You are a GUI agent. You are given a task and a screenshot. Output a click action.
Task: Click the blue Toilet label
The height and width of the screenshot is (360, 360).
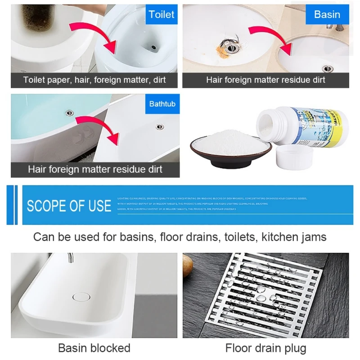click(161, 15)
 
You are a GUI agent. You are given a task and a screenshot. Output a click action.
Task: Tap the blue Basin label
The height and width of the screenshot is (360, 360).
click(327, 14)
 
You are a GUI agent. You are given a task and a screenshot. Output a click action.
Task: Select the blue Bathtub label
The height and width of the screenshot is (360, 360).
click(162, 104)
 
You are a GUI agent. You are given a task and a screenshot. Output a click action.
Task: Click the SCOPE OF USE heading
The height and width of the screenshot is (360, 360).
click(69, 206)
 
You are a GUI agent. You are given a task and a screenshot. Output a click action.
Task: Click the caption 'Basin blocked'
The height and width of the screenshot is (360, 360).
click(94, 348)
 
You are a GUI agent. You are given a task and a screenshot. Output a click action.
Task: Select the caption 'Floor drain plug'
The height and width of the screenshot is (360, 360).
click(265, 348)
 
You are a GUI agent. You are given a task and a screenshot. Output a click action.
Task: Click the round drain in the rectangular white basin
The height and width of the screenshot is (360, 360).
click(81, 297)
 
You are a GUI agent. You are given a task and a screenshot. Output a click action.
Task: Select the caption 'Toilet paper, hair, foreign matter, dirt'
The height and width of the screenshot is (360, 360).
click(94, 80)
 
